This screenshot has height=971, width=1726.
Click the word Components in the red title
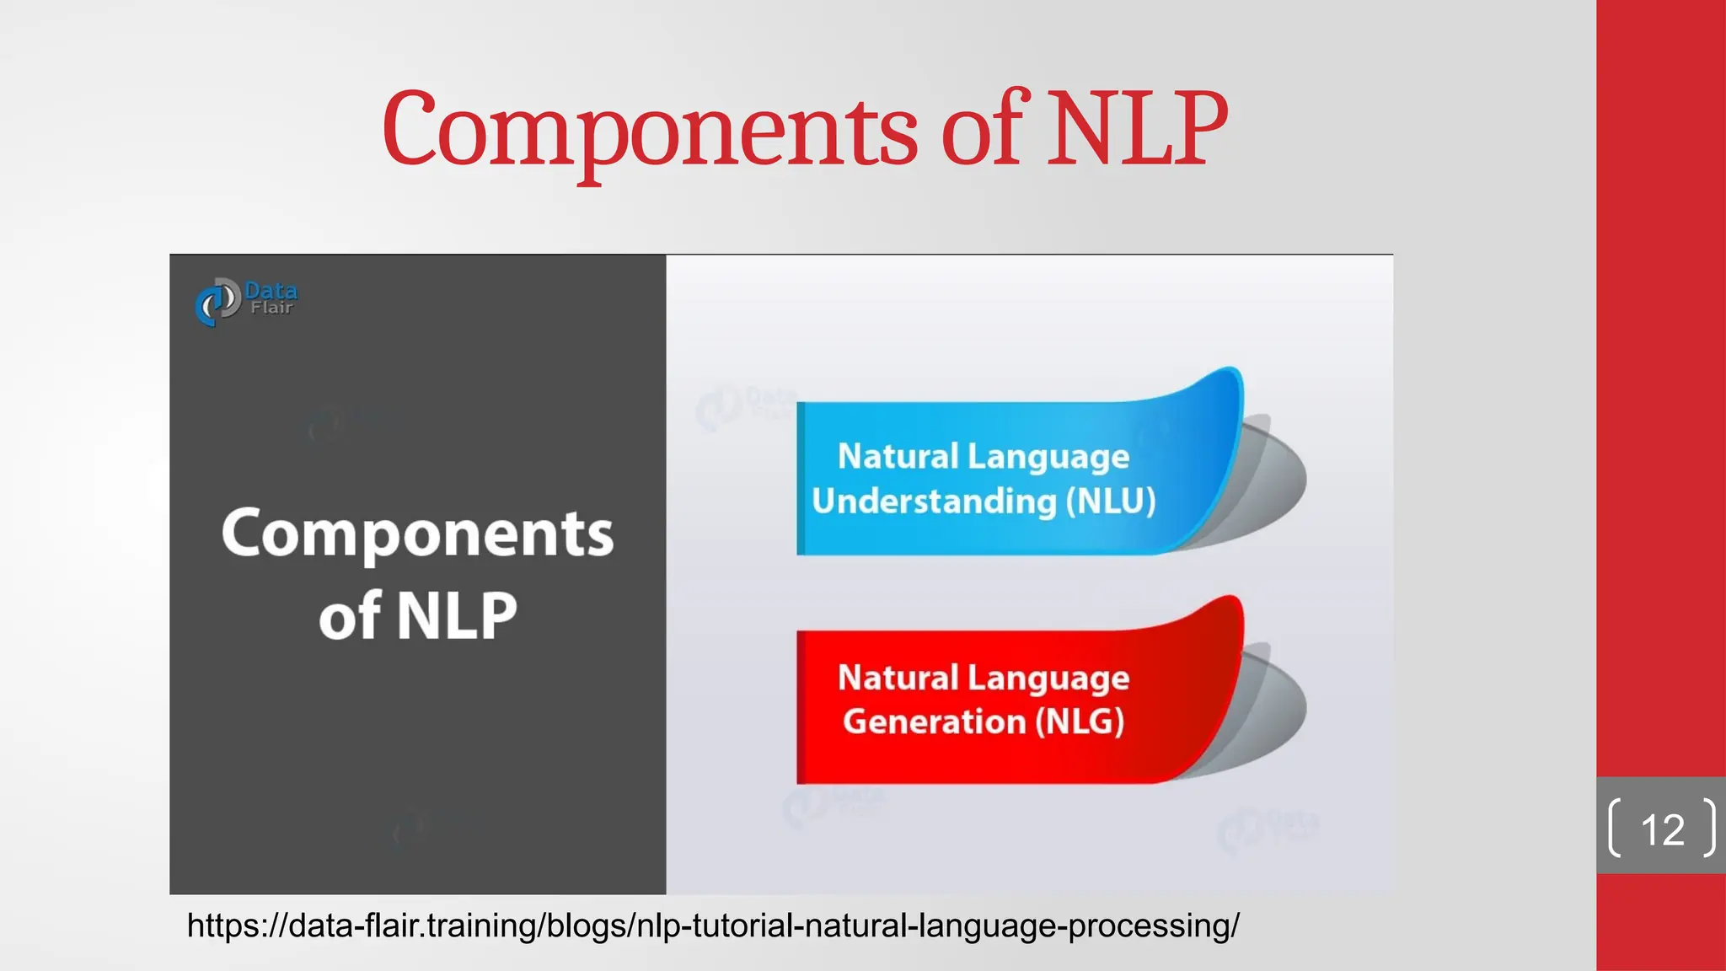tap(649, 131)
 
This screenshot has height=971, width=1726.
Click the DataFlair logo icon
tap(217, 302)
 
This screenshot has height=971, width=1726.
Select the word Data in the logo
tap(271, 291)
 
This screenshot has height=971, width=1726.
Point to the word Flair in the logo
tap(271, 308)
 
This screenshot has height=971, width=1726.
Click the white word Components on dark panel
tap(417, 534)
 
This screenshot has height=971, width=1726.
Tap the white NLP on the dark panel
tap(456, 616)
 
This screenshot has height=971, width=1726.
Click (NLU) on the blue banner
tap(1110, 502)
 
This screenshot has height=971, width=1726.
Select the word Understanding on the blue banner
tap(934, 502)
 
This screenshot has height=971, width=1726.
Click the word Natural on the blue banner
tap(898, 457)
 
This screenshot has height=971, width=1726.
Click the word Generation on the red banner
tap(934, 722)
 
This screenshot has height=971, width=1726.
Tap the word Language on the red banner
tap(1048, 679)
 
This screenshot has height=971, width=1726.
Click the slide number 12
tap(1662, 830)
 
